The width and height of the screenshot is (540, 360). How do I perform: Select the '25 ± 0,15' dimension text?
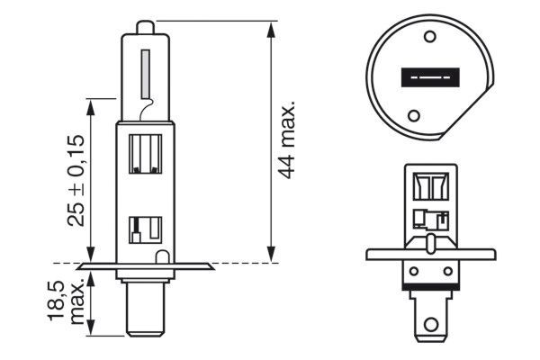[x=76, y=181]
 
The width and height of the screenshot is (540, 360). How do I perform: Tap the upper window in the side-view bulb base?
[x=145, y=153]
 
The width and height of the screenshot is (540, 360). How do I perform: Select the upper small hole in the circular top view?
[x=428, y=38]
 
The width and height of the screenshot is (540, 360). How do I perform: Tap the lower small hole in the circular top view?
[x=414, y=115]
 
